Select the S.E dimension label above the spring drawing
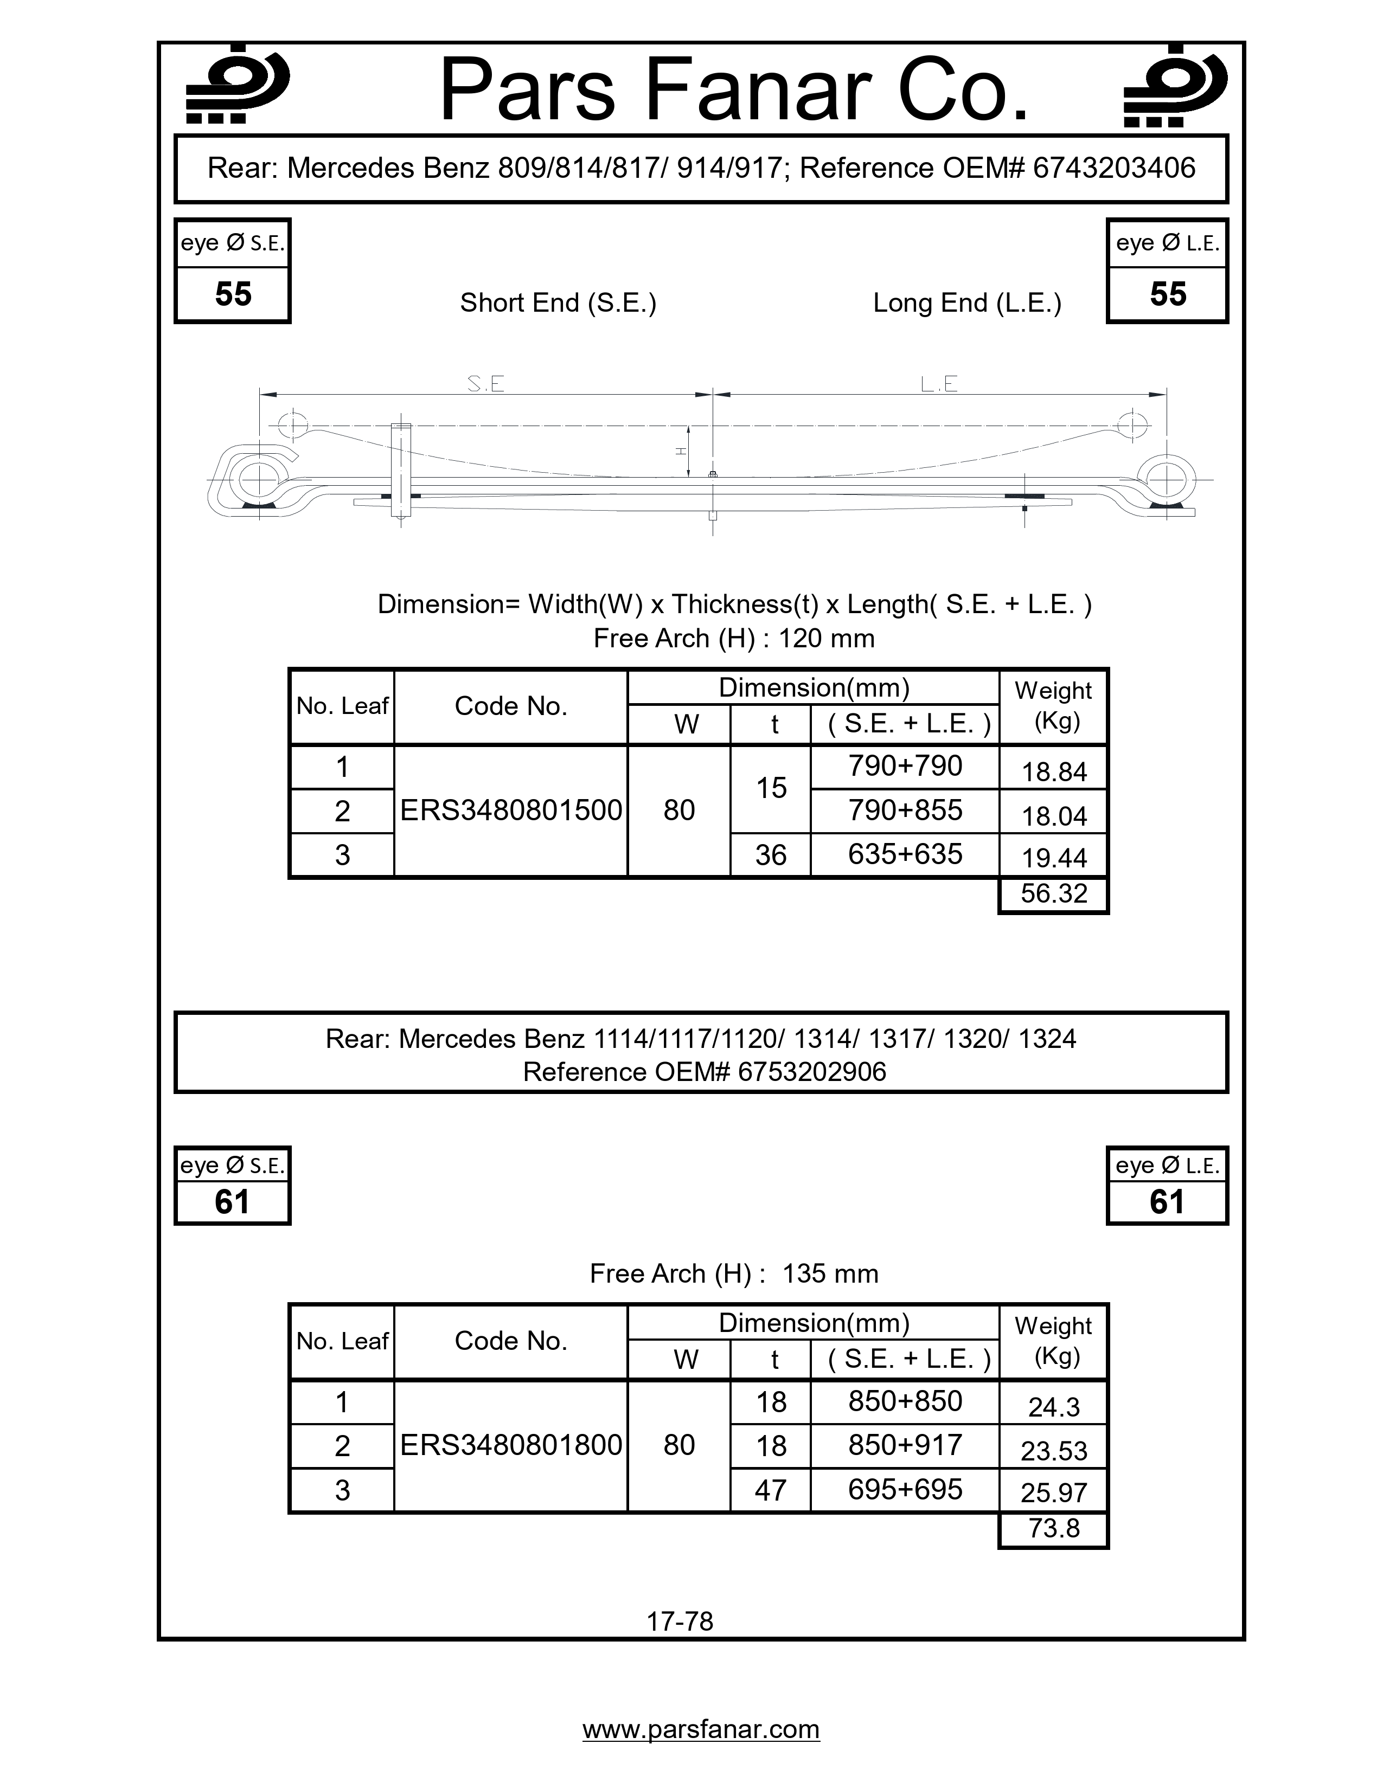[485, 383]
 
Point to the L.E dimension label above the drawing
[939, 383]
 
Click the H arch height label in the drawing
[679, 451]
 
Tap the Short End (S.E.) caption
[558, 303]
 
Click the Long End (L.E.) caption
[967, 303]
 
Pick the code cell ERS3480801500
[510, 810]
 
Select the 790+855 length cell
[905, 810]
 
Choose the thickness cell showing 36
[770, 855]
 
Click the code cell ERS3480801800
[510, 1445]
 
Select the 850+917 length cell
[905, 1445]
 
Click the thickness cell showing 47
[770, 1490]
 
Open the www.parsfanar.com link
[701, 1729]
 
